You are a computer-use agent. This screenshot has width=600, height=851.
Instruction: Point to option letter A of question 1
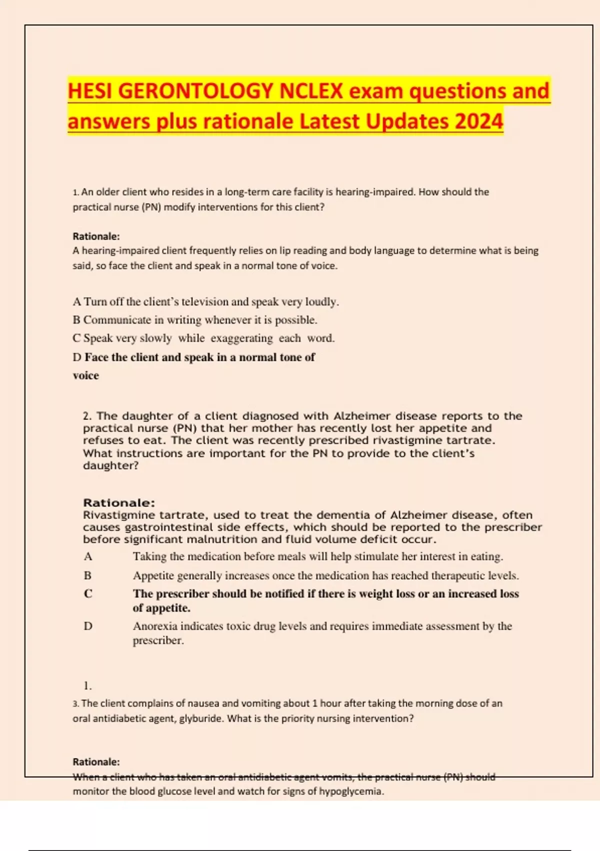point(76,302)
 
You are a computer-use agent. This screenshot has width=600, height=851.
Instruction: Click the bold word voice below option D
point(86,375)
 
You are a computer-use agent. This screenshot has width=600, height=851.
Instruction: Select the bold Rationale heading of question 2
point(119,503)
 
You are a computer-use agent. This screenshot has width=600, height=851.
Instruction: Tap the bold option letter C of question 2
point(88,594)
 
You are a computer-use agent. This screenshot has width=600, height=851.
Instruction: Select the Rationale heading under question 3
point(96,762)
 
